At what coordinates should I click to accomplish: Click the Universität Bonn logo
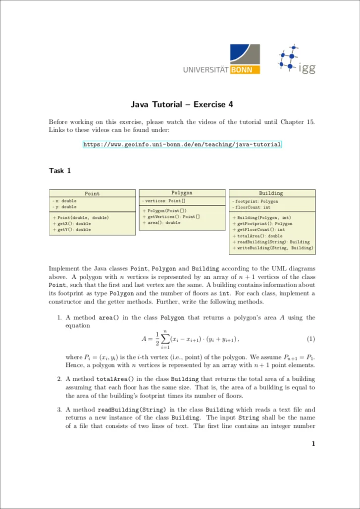click(221, 60)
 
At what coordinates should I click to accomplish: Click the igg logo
click(296, 60)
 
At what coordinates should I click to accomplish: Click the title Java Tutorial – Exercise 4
click(181, 104)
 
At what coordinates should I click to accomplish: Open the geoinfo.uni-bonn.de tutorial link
click(182, 145)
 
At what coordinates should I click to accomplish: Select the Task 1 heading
click(60, 171)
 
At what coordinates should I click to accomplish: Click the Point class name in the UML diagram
click(92, 194)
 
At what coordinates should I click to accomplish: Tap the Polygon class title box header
click(182, 193)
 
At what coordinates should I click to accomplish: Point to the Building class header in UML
click(271, 194)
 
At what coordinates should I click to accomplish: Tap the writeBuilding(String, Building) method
click(273, 248)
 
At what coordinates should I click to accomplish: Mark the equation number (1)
click(310, 339)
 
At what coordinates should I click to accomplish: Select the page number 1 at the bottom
click(313, 444)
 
